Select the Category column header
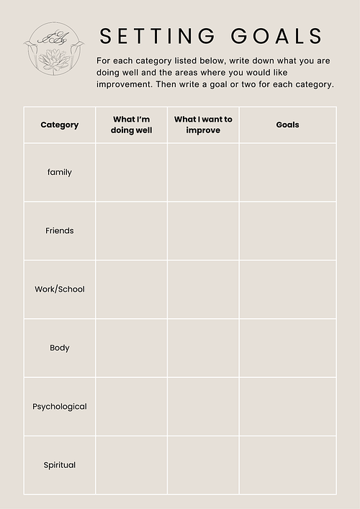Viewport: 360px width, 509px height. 60,125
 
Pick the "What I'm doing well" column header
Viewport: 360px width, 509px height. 132,125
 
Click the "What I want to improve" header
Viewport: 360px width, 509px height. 203,125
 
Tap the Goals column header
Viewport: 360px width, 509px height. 287,125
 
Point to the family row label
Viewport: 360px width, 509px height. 60,172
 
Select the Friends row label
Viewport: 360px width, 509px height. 60,230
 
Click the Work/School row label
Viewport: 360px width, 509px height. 60,289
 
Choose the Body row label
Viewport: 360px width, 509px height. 60,348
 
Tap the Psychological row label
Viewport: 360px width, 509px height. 60,406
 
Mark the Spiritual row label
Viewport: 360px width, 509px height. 60,465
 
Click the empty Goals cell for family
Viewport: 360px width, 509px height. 287,172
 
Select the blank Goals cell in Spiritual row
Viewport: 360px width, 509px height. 287,465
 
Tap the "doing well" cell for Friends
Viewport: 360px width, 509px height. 132,230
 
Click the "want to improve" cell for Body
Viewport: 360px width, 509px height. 203,348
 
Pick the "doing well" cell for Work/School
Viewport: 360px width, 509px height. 132,289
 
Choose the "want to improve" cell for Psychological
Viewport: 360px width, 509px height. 203,406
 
